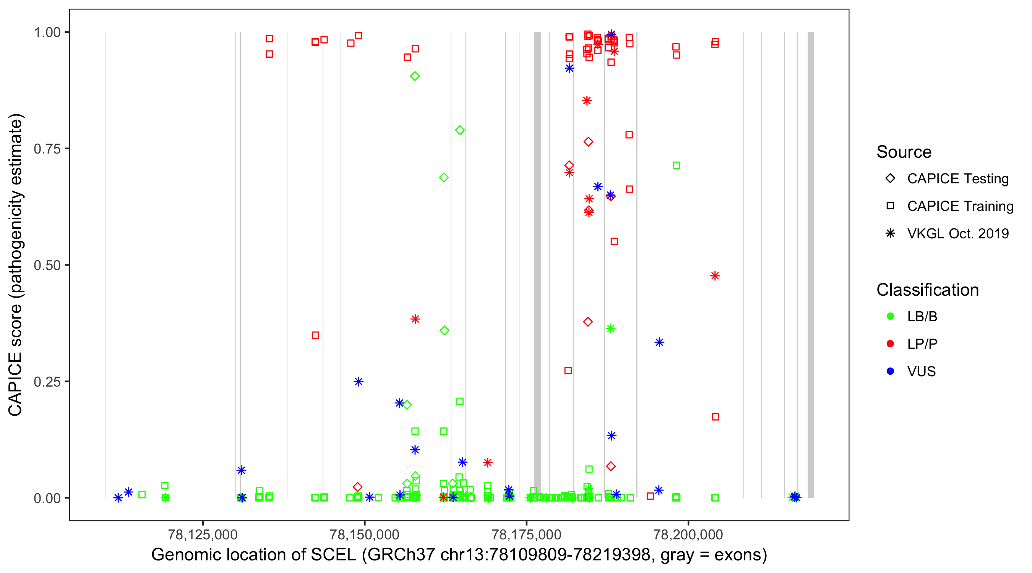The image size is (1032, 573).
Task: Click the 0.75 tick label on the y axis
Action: coord(47,149)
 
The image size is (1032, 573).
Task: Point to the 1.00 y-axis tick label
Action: coord(47,32)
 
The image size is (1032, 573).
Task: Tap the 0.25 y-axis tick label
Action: coord(47,382)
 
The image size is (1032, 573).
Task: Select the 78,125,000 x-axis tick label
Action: coord(203,534)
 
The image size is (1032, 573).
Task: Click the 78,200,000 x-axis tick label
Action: coord(688,534)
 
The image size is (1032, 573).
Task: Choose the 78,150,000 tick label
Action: coord(365,534)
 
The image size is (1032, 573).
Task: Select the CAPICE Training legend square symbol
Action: coord(891,206)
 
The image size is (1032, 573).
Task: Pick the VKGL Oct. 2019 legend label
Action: coord(958,233)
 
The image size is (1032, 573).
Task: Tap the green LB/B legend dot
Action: coord(891,316)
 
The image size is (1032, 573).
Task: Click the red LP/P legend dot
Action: coord(891,344)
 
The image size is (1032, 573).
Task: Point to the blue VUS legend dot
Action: coord(891,371)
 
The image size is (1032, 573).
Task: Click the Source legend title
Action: coord(904,152)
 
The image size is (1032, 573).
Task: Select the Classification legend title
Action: coord(927,290)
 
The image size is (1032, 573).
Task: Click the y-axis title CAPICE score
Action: coord(16,265)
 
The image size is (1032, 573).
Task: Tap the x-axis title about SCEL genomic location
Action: coord(459,555)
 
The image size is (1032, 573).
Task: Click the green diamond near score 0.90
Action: coord(415,76)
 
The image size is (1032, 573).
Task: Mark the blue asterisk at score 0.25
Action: coord(359,382)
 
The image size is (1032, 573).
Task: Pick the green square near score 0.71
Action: coord(676,165)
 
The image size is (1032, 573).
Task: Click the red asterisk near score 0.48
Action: coord(715,276)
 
